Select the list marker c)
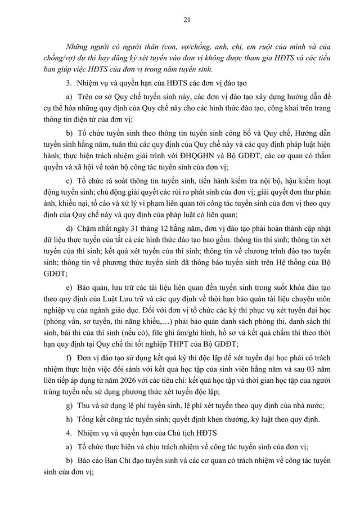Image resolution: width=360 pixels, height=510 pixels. click(x=69, y=180)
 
